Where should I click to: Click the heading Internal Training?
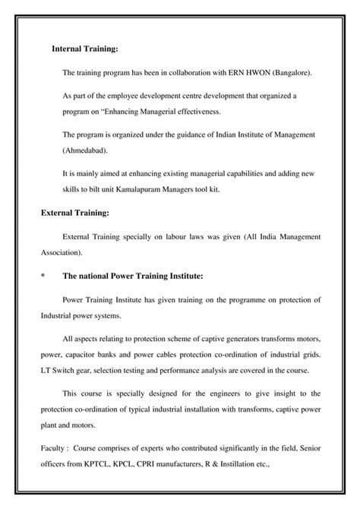click(x=84, y=49)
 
